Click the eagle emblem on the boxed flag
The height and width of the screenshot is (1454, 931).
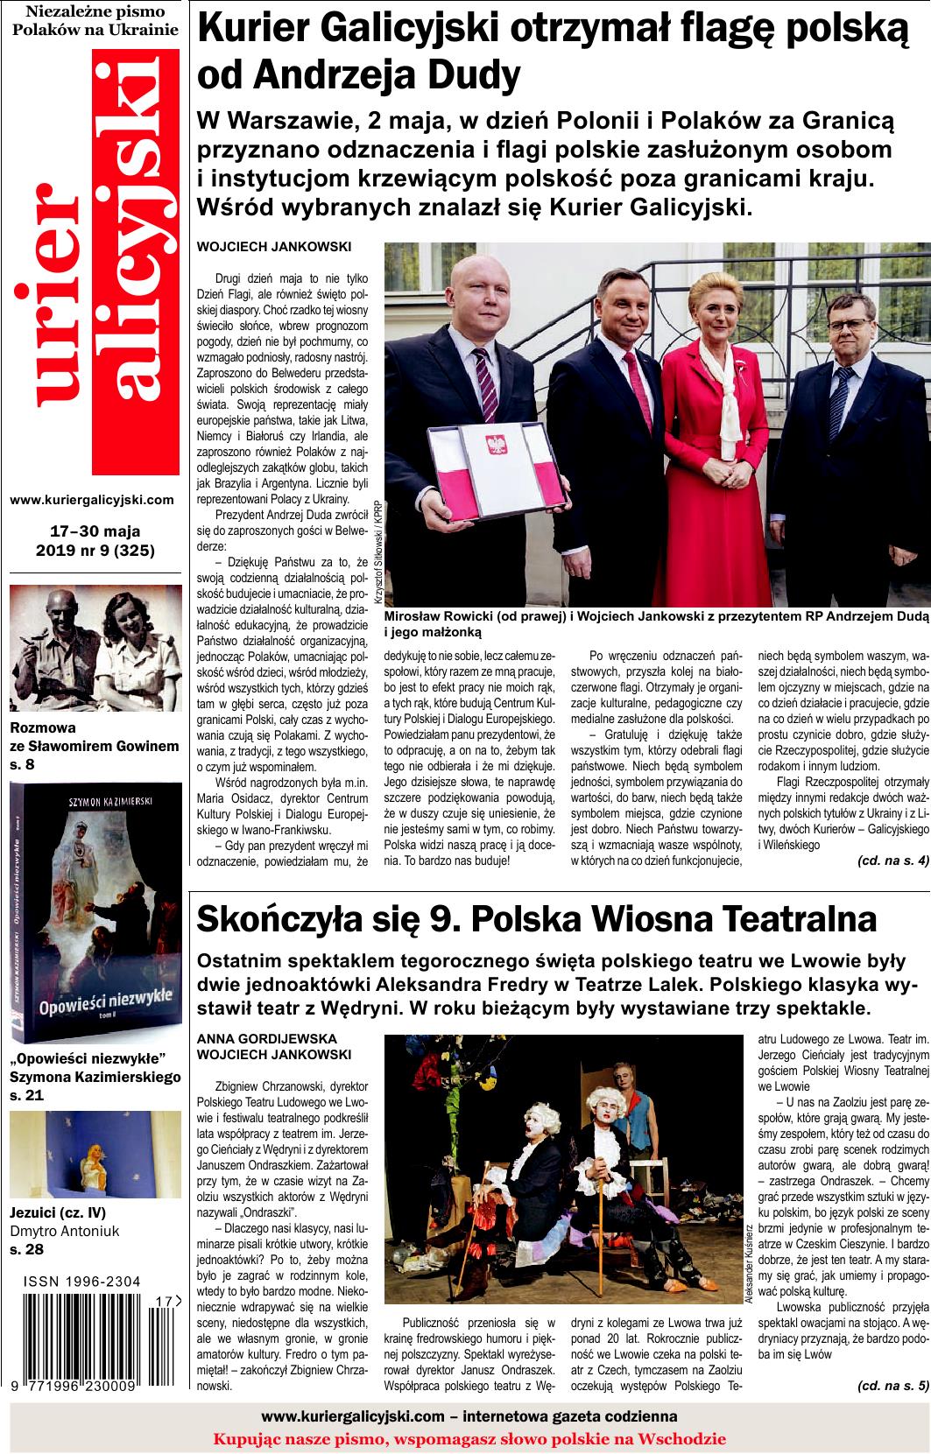497,444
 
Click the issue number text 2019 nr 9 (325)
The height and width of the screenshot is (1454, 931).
95,551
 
